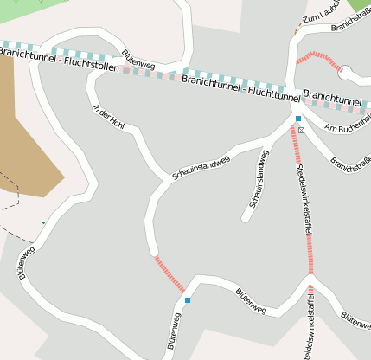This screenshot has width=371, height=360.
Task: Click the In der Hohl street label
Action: pyautogui.click(x=109, y=119)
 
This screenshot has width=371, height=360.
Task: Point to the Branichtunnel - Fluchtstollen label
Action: pyautogui.click(x=47, y=61)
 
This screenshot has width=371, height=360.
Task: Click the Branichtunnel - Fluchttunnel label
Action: pyautogui.click(x=238, y=87)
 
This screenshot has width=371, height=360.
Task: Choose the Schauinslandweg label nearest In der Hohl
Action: pyautogui.click(x=201, y=167)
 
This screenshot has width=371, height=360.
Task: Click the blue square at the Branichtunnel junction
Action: pyautogui.click(x=298, y=118)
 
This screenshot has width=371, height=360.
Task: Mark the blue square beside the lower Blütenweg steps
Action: pyautogui.click(x=188, y=300)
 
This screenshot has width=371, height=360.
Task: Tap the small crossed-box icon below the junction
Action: pyautogui.click(x=301, y=130)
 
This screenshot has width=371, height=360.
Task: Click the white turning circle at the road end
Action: pyautogui.click(x=345, y=74)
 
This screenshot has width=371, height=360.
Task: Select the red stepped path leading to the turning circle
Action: pyautogui.click(x=318, y=58)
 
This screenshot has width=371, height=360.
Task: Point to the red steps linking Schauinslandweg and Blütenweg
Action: pyautogui.click(x=170, y=273)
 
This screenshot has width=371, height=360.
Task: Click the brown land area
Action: pyautogui.click(x=26, y=130)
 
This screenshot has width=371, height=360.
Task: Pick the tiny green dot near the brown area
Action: pyautogui.click(x=44, y=222)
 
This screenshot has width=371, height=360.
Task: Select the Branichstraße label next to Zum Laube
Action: pyautogui.click(x=351, y=24)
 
